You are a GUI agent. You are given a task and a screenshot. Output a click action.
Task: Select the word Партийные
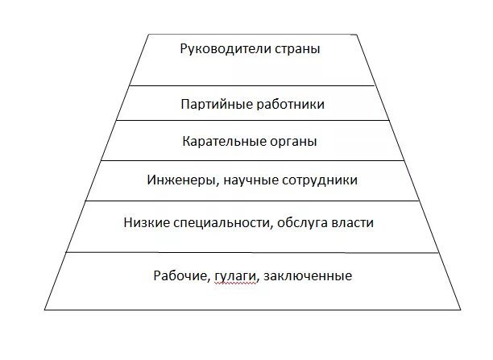point(215,105)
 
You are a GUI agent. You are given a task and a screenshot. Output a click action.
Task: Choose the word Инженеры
point(182,180)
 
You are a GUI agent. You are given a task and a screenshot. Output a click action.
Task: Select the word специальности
point(213,221)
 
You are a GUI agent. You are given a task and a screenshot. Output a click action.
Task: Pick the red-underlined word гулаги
point(236,276)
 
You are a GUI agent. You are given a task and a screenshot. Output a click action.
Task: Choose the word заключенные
point(307,275)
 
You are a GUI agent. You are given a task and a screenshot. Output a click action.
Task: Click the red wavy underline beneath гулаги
point(236,283)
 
